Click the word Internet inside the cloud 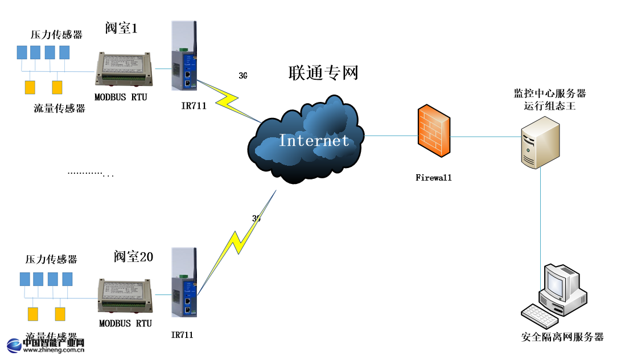click(x=314, y=140)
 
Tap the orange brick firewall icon click(x=434, y=130)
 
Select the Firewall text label click(x=434, y=178)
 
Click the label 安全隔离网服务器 click(x=562, y=337)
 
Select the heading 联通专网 click(x=323, y=73)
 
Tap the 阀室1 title click(x=121, y=27)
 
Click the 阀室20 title click(x=133, y=256)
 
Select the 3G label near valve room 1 click(x=243, y=75)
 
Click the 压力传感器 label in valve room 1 click(x=56, y=35)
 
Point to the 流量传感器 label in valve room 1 click(x=59, y=108)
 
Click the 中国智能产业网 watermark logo click(x=46, y=345)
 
